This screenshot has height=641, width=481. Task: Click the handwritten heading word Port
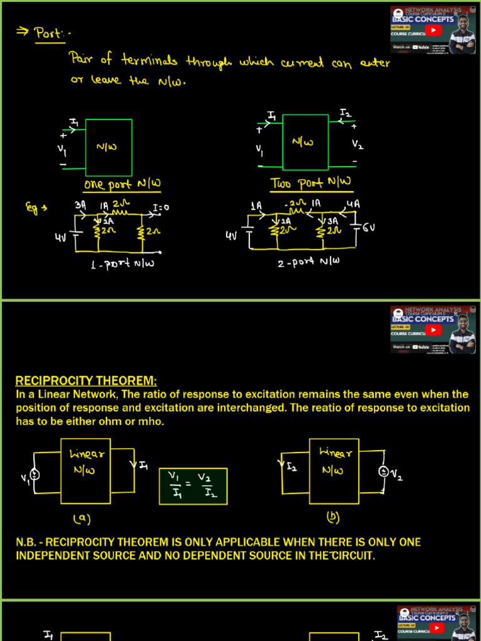(47, 33)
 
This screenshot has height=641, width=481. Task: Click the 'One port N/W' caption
(123, 184)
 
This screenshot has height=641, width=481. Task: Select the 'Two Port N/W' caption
(311, 183)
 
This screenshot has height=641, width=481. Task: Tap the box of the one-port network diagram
(108, 148)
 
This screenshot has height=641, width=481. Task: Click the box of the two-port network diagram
(305, 143)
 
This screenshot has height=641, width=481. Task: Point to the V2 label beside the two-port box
(357, 145)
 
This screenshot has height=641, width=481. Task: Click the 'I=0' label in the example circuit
(161, 207)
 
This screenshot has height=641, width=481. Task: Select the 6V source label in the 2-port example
(369, 227)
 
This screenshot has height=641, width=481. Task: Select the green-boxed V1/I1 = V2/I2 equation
(193, 486)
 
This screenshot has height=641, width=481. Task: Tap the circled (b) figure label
(333, 518)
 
